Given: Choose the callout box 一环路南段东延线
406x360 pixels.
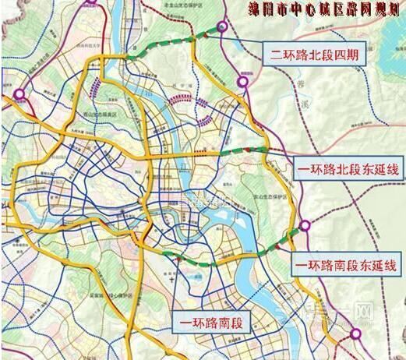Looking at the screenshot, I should [x=345, y=265].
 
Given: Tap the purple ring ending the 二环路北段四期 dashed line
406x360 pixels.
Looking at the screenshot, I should [x=223, y=26].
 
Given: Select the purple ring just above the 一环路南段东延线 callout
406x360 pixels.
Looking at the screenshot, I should [x=305, y=227].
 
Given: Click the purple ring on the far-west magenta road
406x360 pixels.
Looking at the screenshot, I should [x=18, y=95].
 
